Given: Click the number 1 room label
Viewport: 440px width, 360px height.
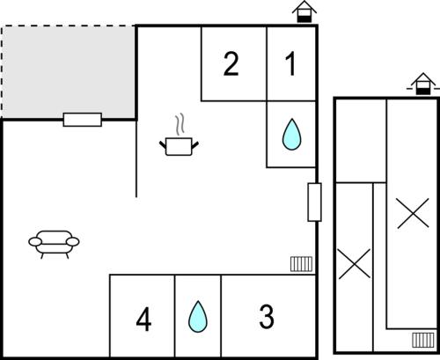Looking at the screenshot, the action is coord(290,64).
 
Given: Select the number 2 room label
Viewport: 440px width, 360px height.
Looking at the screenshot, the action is coord(231,64).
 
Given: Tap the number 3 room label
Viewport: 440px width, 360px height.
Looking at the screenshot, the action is coord(267,316).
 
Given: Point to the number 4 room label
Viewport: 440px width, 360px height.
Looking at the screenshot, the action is coord(143,319).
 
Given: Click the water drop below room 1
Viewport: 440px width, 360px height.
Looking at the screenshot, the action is coord(291,135).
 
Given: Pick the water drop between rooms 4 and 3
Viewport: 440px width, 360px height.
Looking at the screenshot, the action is coord(198,317).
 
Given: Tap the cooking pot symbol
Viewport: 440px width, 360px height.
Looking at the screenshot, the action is coord(179,146).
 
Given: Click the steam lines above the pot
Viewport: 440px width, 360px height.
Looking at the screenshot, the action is coord(180,124).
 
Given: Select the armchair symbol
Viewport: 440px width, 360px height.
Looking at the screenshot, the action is coord(54,244).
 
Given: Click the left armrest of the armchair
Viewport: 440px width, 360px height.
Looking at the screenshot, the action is coord(35,242).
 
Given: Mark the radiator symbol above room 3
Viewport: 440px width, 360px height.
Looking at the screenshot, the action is coord(301,264).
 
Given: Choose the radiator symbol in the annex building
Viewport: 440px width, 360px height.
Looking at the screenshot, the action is coord(423,340).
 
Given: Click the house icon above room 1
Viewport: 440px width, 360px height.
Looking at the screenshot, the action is coord(304,11).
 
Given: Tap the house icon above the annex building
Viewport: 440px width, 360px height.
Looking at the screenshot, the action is coord(422,84).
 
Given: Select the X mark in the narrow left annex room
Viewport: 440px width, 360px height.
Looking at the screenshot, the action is coord(355,263).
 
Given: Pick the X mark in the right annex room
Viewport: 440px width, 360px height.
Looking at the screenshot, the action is coord(413,213).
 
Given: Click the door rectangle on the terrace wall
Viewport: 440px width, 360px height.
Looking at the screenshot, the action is coord(83,120).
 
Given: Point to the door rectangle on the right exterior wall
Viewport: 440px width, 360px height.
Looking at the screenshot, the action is coord(314,202).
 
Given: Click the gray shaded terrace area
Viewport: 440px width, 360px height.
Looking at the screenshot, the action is coord(69,72).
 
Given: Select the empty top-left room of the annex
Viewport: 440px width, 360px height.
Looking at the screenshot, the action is coord(361,141).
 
